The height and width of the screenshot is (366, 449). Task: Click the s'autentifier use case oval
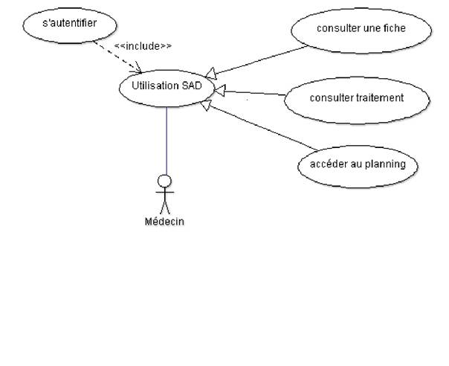tap(69, 25)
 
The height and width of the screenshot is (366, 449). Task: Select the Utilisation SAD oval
tap(166, 87)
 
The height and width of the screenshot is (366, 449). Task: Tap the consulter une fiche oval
tap(360, 30)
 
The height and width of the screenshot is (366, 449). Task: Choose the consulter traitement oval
tap(357, 98)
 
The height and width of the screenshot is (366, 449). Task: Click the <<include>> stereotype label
tap(143, 46)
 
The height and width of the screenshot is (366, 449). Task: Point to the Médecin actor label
tap(164, 221)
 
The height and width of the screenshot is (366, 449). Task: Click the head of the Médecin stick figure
tap(165, 181)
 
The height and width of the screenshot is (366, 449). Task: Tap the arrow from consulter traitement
tap(253, 94)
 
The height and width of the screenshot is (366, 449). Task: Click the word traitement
tap(381, 97)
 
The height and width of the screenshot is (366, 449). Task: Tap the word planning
tap(387, 164)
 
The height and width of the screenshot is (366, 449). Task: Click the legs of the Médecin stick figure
tap(165, 206)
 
